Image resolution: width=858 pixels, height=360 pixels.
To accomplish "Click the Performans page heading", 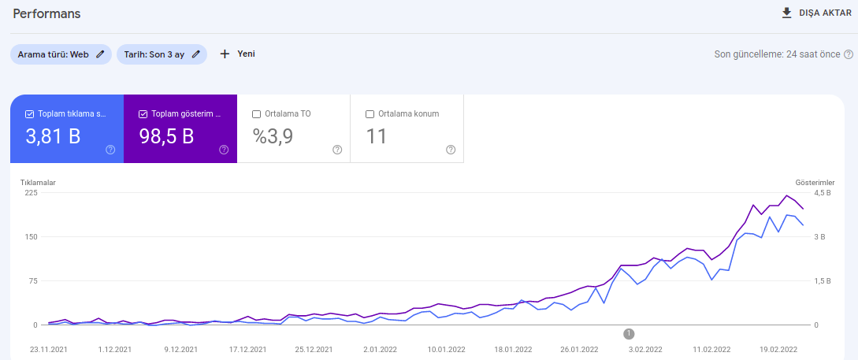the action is coord(46,13).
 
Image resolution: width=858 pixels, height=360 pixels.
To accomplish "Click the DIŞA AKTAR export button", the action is coord(816,13).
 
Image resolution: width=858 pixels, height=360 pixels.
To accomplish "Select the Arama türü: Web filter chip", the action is coord(61,54).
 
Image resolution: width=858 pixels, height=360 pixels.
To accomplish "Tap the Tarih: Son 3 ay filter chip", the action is coord(162,54).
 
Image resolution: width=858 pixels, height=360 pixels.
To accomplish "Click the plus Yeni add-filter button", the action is coord(237,54).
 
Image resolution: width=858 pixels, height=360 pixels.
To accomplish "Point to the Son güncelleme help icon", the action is coord(848,54).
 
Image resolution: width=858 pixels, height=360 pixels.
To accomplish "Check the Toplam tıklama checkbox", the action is coord(30,114).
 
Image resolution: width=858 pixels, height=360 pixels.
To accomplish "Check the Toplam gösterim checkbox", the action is coord(143,114).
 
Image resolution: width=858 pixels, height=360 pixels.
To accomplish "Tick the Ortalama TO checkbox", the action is coord(256,114).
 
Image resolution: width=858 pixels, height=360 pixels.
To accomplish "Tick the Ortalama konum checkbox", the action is coord(370,114).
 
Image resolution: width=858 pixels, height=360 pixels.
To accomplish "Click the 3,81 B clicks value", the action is coord(53,136).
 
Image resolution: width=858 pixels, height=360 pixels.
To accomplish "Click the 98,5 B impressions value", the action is coord(166,136).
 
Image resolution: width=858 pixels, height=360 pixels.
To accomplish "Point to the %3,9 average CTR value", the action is coord(273,136).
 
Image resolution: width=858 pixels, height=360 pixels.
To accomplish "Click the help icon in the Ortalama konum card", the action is coord(451,150).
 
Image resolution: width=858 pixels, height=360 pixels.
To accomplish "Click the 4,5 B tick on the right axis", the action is coord(822,192).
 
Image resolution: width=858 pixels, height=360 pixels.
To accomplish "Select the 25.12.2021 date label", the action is coord(314,350).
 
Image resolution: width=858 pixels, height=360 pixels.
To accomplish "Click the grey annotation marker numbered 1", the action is coord(630,333).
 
